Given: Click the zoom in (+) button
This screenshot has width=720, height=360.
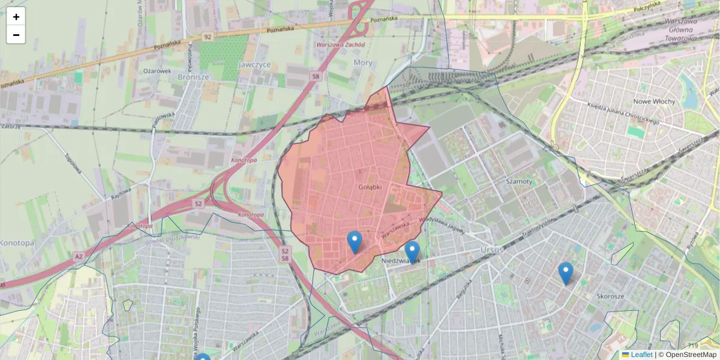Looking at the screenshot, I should [16, 17].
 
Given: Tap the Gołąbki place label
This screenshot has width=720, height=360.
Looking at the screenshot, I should [370, 187].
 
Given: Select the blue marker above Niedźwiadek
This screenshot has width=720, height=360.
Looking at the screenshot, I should [412, 252].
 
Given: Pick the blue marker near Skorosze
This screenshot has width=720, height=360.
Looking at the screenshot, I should [565, 273].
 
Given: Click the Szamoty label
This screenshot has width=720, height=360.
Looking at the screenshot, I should [519, 181].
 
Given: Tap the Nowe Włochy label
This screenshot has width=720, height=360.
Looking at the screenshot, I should [654, 101].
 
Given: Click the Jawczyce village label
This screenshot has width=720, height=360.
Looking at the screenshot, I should [254, 64].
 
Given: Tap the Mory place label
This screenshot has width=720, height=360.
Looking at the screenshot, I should [363, 62].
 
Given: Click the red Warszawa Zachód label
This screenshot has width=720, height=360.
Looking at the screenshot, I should [340, 45].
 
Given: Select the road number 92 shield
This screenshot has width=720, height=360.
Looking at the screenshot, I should [208, 37].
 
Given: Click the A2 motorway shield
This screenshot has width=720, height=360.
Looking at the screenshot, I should [78, 256].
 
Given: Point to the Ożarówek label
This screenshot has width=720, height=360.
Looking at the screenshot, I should [157, 71].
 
